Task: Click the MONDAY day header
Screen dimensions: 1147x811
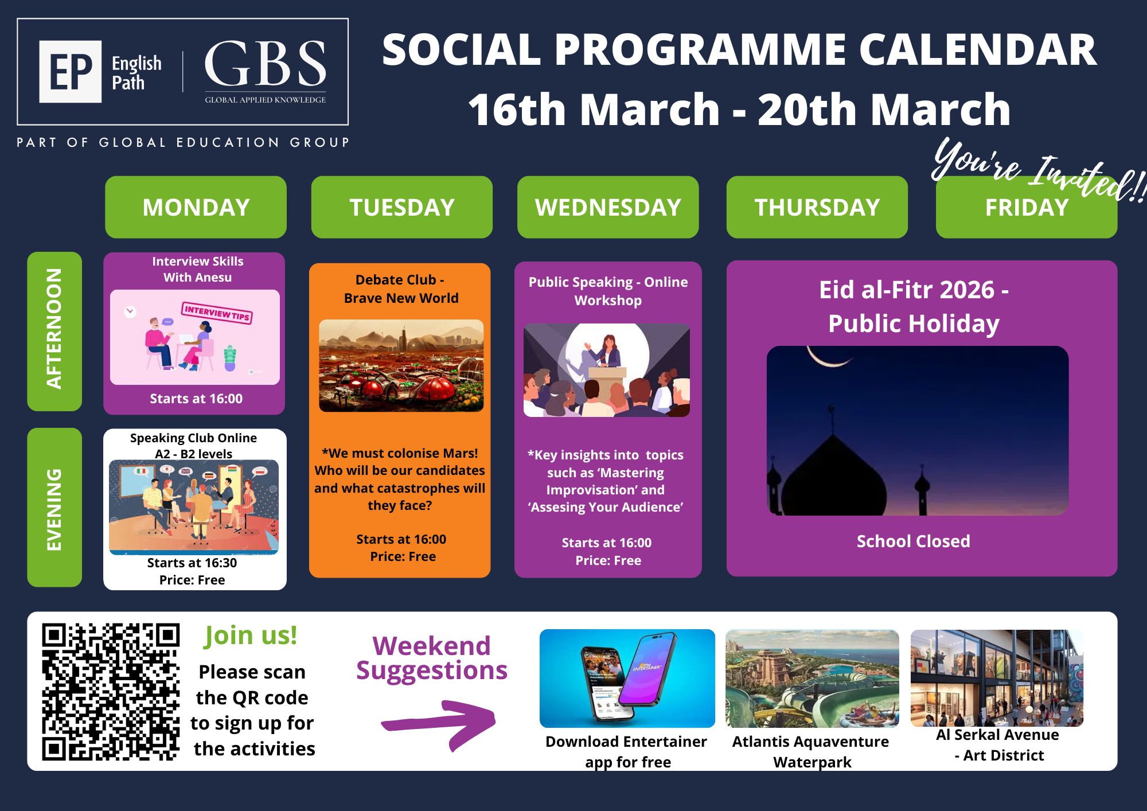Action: (196, 207)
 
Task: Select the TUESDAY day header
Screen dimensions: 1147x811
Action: (402, 207)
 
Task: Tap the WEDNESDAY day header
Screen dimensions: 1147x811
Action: (608, 207)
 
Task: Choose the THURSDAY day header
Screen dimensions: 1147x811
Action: (817, 207)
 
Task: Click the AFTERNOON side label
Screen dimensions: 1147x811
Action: (54, 331)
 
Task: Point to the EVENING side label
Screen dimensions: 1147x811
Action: (54, 507)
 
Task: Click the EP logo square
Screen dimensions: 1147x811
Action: (71, 72)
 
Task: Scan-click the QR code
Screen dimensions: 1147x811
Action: (111, 692)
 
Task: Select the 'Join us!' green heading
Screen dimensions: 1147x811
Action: (251, 635)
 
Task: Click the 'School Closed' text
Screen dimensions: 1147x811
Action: (914, 541)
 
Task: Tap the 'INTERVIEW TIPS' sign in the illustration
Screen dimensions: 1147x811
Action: (217, 313)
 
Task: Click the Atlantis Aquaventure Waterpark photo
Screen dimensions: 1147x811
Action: (812, 679)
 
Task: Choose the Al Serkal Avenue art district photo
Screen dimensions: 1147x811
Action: (997, 678)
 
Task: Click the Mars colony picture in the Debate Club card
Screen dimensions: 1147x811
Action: (401, 365)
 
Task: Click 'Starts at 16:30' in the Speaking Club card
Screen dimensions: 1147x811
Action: (192, 563)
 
